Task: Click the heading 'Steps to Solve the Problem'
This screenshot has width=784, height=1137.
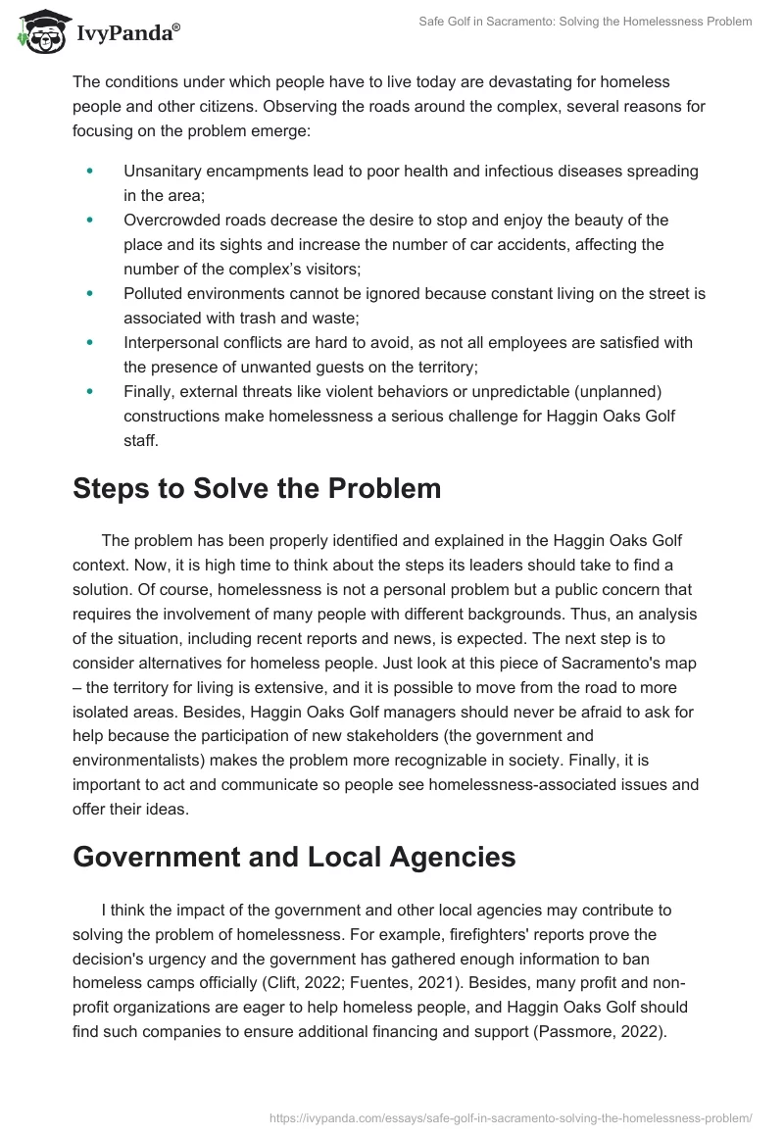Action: click(257, 487)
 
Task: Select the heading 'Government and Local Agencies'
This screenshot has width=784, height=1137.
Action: click(294, 856)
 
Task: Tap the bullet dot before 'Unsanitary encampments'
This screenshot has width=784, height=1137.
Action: click(90, 171)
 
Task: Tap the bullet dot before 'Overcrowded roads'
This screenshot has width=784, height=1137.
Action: click(90, 220)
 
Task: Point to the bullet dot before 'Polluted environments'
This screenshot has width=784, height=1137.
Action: click(90, 293)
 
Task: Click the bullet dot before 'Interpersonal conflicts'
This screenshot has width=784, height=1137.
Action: click(90, 342)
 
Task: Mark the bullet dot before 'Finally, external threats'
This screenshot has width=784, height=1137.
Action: click(90, 390)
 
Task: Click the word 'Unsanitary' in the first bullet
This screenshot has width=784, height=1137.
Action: click(161, 171)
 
